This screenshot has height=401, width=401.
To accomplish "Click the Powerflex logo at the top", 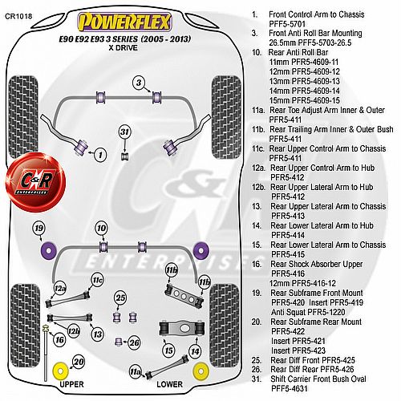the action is pyautogui.click(x=124, y=22).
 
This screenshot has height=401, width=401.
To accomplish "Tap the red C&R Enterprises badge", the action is pyautogui.click(x=34, y=181).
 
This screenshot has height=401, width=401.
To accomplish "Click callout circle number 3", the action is pyautogui.click(x=139, y=83).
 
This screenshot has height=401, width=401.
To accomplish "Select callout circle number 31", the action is pyautogui.click(x=125, y=132).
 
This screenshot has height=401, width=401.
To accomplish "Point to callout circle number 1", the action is pyautogui.click(x=100, y=155).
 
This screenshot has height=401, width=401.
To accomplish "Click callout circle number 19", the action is pyautogui.click(x=39, y=229).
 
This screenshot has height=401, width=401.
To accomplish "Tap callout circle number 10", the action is pyautogui.click(x=102, y=229).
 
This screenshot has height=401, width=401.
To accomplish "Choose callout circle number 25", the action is pyautogui.click(x=120, y=298).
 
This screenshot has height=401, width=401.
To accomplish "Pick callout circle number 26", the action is pyautogui.click(x=134, y=342).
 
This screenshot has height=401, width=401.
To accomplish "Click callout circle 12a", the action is pyautogui.click(x=60, y=289).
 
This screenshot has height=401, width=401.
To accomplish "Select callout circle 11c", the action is pyautogui.click(x=97, y=280).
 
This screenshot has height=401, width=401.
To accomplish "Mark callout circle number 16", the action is pyautogui.click(x=59, y=340).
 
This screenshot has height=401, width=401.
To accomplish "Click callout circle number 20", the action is pyautogui.click(x=79, y=362).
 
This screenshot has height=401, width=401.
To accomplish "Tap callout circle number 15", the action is pyautogui.click(x=169, y=350).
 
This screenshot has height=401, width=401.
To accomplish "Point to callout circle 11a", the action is pyautogui.click(x=136, y=372).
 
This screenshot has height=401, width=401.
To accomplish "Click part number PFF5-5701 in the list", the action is pyautogui.click(x=287, y=24).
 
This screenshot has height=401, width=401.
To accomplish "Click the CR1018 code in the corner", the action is pyautogui.click(x=18, y=16).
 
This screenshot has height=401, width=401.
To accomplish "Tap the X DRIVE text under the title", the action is pyautogui.click(x=124, y=48).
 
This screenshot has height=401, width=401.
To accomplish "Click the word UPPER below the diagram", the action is pyautogui.click(x=71, y=384).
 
